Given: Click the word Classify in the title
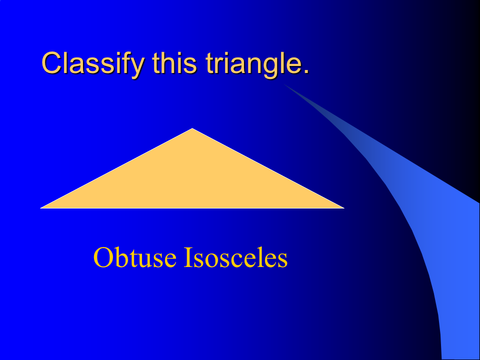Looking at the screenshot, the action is tap(93, 63).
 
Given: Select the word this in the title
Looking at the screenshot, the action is tap(174, 63).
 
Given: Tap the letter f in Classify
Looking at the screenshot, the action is tap(123, 62).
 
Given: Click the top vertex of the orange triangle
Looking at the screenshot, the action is tap(192, 128).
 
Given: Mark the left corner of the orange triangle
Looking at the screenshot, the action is tap(40, 208).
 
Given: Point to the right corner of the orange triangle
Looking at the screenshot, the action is tap(344, 208).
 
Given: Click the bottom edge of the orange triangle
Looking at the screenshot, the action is tap(192, 208).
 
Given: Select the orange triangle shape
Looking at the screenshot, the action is tap(192, 180).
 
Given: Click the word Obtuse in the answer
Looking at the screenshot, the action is tap(135, 257).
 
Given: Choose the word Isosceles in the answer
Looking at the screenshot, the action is tap(235, 257).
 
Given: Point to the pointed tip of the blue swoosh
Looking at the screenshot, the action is tap(284, 84).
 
